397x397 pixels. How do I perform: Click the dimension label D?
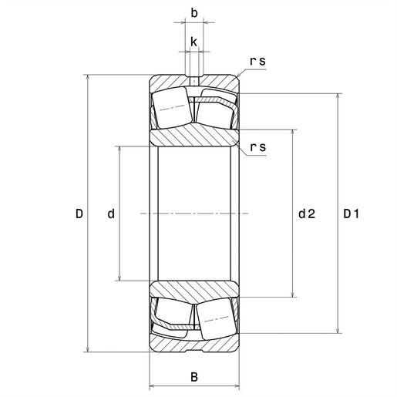click(x=79, y=214)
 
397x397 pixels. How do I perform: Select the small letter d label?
click(x=111, y=214)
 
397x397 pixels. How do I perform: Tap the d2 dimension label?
click(x=306, y=214)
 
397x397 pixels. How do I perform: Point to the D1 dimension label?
click(x=351, y=214)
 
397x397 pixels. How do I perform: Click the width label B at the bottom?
click(x=194, y=377)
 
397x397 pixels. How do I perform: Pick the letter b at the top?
click(x=194, y=13)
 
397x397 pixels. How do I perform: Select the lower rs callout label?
click(x=258, y=147)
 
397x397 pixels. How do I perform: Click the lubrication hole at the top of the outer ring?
click(x=194, y=79)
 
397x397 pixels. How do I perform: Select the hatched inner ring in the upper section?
click(x=194, y=137)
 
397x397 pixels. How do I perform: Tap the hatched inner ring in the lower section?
click(x=194, y=289)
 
